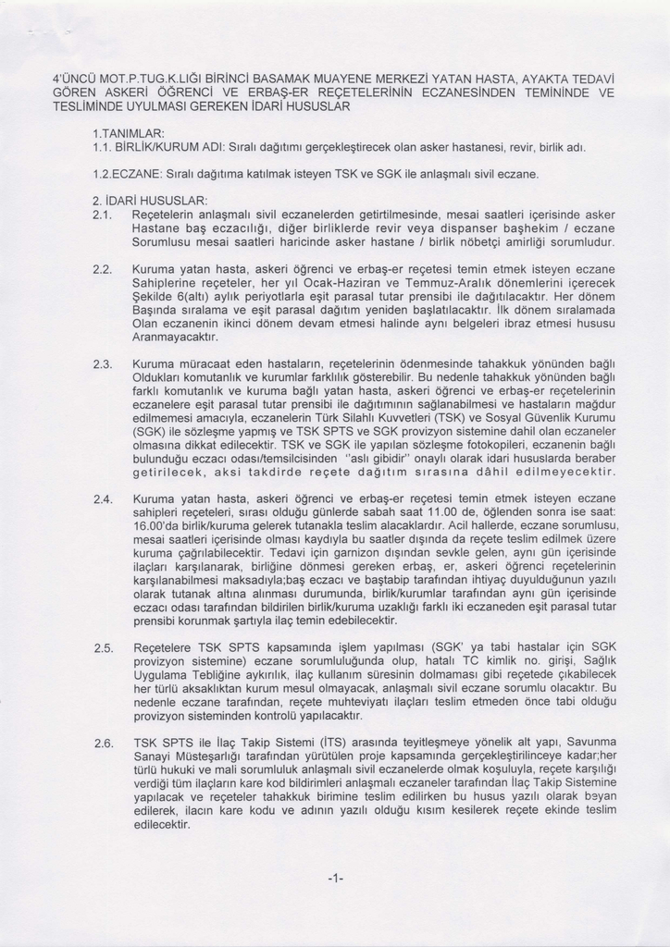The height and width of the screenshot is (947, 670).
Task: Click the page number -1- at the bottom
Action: point(335,878)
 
